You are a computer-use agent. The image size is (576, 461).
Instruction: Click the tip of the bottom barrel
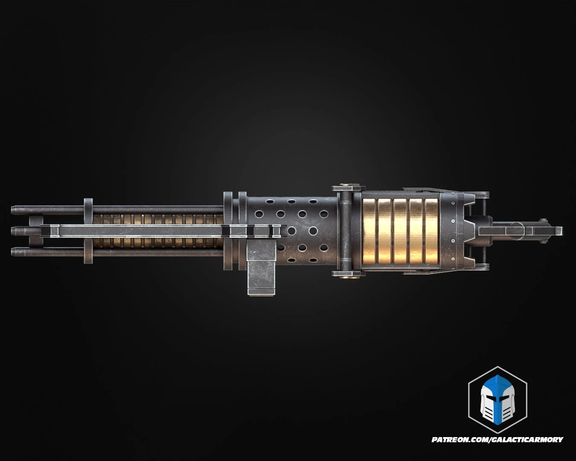coord(14,251)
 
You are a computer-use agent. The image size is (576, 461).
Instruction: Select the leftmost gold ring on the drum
coord(369,231)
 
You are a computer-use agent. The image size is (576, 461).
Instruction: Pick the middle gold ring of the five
coord(401,231)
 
